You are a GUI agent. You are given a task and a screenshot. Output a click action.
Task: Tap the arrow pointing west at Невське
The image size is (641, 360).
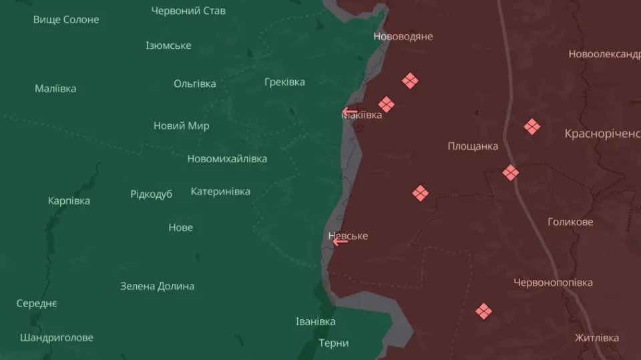coord(341,241)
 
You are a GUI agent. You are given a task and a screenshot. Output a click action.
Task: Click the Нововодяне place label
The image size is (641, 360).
coord(403,36)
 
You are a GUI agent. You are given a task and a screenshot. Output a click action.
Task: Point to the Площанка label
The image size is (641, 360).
coord(473,146)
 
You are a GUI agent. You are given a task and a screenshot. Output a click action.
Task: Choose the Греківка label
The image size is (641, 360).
coord(284,82)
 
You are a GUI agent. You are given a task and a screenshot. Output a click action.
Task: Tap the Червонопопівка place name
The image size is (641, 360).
coord(553,283)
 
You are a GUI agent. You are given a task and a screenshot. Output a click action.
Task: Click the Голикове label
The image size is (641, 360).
coord(570,222)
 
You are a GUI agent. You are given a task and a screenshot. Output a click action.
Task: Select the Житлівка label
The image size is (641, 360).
coord(597,338)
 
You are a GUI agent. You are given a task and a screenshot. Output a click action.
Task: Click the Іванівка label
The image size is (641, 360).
coord(316,322)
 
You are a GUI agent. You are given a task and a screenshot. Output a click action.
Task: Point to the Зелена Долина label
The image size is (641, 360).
coord(158,286)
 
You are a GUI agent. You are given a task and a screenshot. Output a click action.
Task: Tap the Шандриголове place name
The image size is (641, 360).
coord(57,337)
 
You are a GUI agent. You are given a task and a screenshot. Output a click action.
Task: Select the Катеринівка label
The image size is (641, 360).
coord(220,192)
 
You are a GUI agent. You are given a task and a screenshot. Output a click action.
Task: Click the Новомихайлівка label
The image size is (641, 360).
coord(227,158)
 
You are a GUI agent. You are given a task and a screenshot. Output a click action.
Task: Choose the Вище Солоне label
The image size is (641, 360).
coord(66,19)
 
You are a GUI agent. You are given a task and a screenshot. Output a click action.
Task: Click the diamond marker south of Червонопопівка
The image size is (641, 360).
coord(484,311)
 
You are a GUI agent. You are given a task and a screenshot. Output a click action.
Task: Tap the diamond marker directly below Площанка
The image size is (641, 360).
coord(420,194)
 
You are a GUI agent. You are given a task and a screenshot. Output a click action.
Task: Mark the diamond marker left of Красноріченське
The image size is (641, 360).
coord(532,126)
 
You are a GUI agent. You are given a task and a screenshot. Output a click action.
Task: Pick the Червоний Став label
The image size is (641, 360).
coord(188,11)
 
